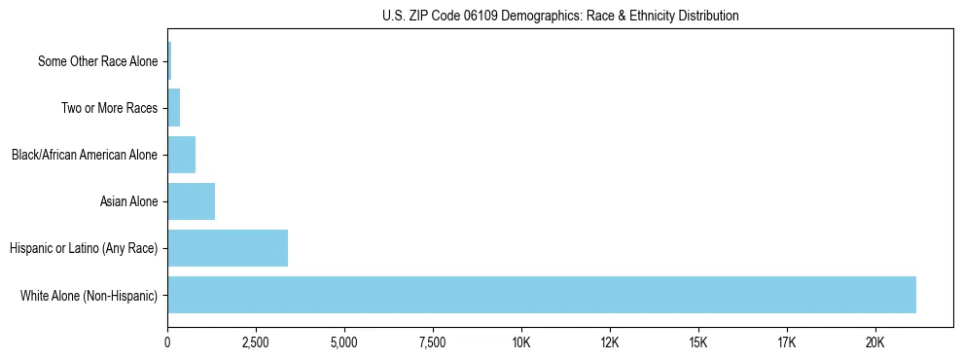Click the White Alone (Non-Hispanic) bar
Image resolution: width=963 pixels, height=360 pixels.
pyautogui.click(x=542, y=295)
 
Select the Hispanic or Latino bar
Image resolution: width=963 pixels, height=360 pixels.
pyautogui.click(x=228, y=248)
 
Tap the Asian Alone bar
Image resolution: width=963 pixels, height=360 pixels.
pyautogui.click(x=191, y=201)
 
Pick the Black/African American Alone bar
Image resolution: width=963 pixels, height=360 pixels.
pyautogui.click(x=181, y=155)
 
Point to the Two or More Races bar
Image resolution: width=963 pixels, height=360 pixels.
pyautogui.click(x=173, y=108)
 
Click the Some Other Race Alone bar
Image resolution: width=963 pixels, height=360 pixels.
pyautogui.click(x=169, y=61)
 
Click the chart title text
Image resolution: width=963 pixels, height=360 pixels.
pyautogui.click(x=560, y=16)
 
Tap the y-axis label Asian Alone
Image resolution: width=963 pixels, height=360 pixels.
pyautogui.click(x=128, y=201)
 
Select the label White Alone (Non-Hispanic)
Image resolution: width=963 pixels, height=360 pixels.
pyautogui.click(x=89, y=295)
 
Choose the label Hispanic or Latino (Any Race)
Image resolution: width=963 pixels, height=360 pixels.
pyautogui.click(x=84, y=248)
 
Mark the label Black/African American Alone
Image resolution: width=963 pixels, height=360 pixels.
pyautogui.click(x=85, y=155)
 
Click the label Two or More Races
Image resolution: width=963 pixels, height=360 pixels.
pyautogui.click(x=109, y=108)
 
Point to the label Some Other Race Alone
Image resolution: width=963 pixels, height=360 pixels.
pyautogui.click(x=97, y=61)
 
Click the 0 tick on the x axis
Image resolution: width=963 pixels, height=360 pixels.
pyautogui.click(x=167, y=342)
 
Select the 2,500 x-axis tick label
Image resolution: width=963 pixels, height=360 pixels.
pyautogui.click(x=256, y=342)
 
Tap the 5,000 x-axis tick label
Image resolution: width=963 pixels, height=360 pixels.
pyautogui.click(x=344, y=342)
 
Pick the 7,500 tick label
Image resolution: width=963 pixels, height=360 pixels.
pyautogui.click(x=433, y=342)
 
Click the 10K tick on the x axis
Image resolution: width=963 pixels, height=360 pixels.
pyautogui.click(x=521, y=342)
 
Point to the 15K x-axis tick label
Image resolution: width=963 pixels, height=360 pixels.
pyautogui.click(x=698, y=342)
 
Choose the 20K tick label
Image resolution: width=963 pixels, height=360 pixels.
pyautogui.click(x=875, y=342)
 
